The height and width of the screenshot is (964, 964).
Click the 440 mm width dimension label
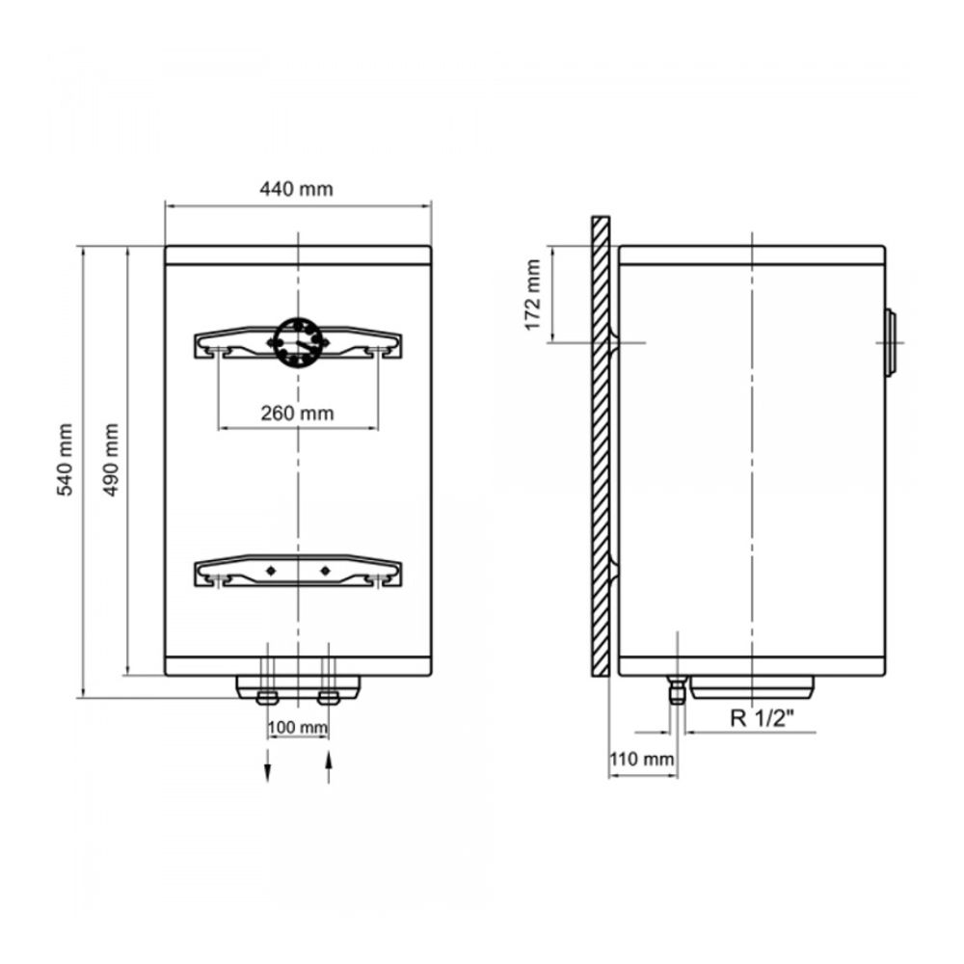[296, 189]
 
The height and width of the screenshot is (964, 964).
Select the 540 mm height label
[66, 459]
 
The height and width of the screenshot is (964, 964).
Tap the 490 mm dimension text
[111, 459]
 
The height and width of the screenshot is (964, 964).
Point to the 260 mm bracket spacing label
[298, 414]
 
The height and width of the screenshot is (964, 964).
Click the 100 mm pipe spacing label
[298, 727]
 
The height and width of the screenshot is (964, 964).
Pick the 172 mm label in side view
[532, 295]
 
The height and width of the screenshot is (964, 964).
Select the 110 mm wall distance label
[642, 760]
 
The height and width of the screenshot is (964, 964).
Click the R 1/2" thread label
[763, 717]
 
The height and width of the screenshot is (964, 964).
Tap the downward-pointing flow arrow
[267, 765]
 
